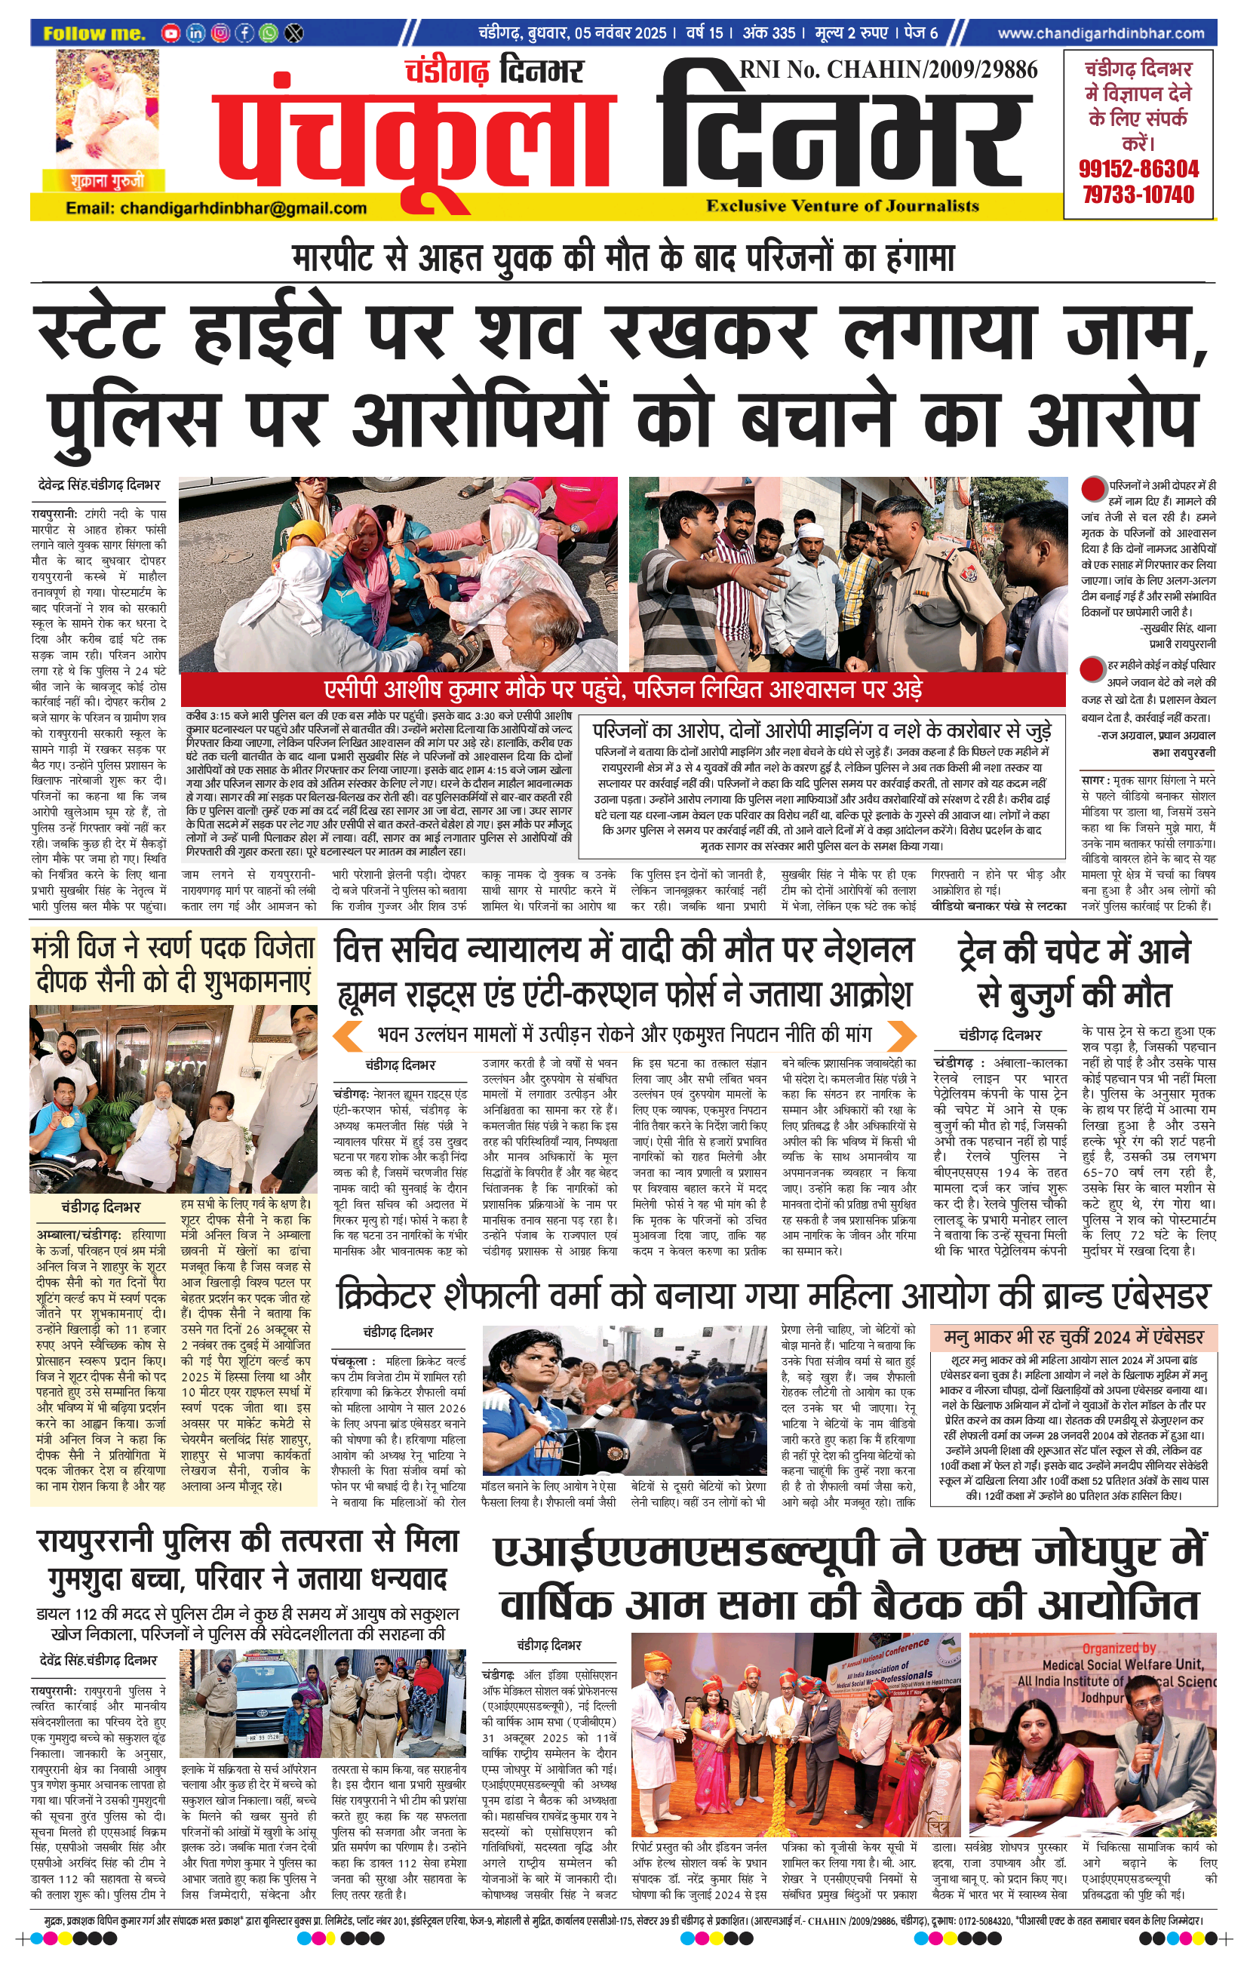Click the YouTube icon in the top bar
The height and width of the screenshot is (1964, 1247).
(170, 33)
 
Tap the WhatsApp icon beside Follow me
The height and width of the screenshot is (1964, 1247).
(269, 33)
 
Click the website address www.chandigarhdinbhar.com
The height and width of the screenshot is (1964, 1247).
(1100, 33)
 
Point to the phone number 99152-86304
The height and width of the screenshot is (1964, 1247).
(1138, 169)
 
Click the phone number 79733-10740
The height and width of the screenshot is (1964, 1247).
(1138, 194)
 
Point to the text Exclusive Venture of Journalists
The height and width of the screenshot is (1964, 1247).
(843, 206)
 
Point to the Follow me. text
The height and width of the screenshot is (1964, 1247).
(94, 33)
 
